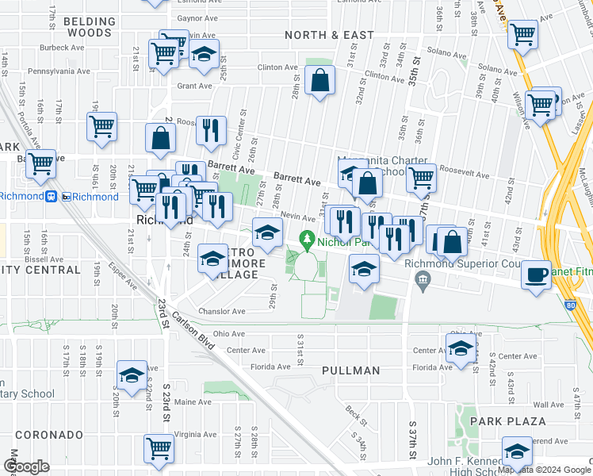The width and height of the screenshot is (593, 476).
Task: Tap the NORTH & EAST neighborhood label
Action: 329,35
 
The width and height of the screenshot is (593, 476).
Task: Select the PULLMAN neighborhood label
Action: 351,370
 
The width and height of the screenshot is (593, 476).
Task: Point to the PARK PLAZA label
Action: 507,421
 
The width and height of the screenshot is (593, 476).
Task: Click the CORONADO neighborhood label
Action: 49,435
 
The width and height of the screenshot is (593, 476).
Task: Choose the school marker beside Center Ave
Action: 461,348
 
